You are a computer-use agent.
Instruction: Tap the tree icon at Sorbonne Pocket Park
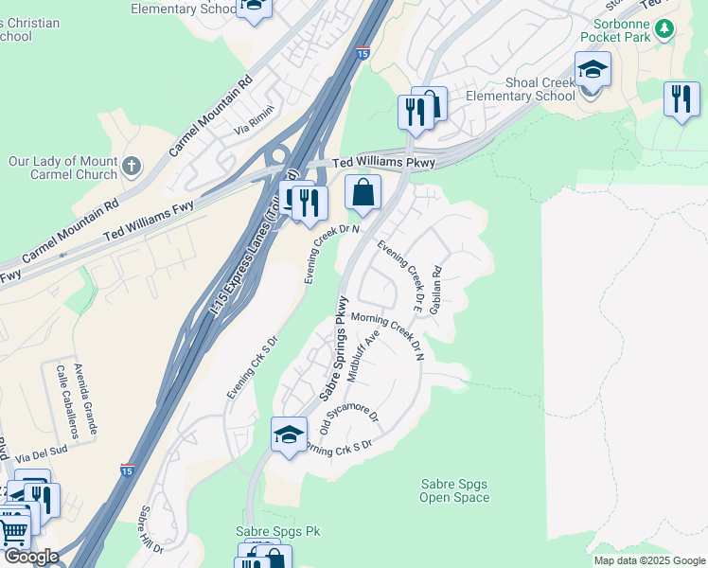[664, 28]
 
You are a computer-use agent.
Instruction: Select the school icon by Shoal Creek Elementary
[593, 70]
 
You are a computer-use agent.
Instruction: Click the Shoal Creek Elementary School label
[540, 90]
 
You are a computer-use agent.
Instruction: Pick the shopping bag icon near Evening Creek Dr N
[363, 193]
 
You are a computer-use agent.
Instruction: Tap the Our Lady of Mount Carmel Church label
[63, 169]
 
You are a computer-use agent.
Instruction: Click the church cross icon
[132, 168]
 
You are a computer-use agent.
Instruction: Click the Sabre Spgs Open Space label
[454, 490]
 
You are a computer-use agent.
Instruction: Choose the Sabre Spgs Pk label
[267, 533]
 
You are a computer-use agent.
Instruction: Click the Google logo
[30, 557]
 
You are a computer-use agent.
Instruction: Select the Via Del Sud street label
[44, 453]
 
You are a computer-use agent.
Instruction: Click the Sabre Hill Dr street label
[151, 530]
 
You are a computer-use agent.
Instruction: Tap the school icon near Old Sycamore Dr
[289, 435]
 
